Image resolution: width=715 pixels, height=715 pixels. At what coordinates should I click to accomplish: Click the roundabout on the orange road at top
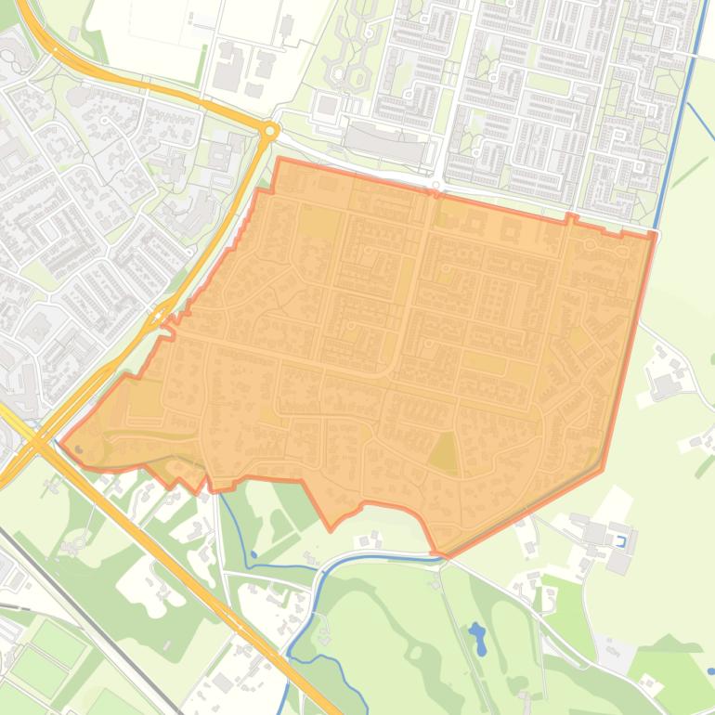click(x=270, y=132)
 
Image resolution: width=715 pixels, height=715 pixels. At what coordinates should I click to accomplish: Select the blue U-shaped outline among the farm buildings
click(x=621, y=539)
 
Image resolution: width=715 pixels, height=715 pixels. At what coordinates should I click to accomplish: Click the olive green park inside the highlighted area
click(x=444, y=454)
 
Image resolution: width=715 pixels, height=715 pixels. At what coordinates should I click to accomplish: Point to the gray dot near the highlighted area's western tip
click(x=78, y=450)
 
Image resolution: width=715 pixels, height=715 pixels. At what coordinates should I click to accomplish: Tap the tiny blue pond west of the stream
click(x=253, y=555)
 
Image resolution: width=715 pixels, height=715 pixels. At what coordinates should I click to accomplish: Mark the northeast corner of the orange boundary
click(x=655, y=235)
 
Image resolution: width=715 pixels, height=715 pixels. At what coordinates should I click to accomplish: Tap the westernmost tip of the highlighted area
click(x=60, y=443)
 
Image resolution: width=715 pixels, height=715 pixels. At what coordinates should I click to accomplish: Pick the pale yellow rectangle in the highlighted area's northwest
click(x=318, y=222)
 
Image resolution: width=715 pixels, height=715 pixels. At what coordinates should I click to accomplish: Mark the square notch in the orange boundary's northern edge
click(x=571, y=219)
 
